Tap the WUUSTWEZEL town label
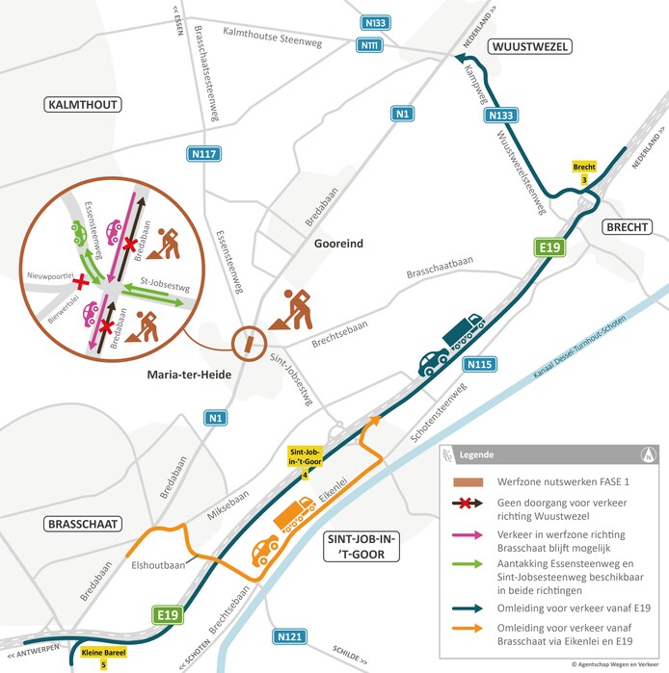click(x=530, y=46)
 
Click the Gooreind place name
click(x=338, y=244)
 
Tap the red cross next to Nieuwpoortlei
click(x=82, y=282)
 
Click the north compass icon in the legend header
click(x=644, y=454)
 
